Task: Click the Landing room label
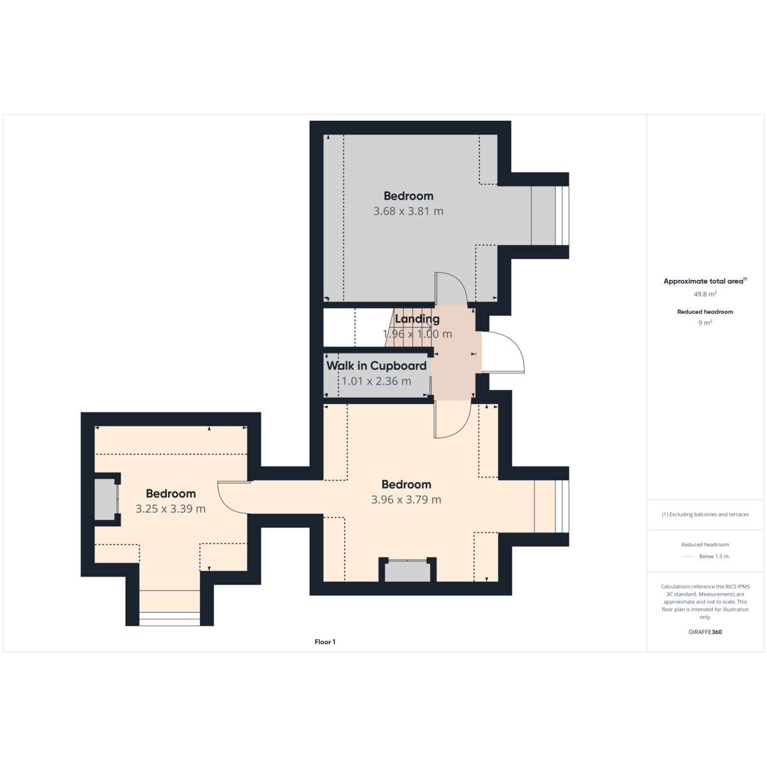point(417,319)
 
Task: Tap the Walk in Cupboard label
point(376,366)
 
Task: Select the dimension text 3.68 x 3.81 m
point(408,212)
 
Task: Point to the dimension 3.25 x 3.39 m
point(171,509)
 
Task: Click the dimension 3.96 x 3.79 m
point(406,500)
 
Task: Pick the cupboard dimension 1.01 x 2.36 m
point(376,382)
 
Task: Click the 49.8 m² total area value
point(705,294)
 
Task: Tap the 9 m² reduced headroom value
point(705,323)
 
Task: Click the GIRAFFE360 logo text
point(705,631)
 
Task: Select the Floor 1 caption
point(325,642)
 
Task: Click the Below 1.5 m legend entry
point(714,556)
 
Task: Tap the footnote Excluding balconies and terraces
point(705,515)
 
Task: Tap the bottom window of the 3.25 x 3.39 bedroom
point(169,619)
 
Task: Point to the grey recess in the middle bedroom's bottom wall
point(407,571)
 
